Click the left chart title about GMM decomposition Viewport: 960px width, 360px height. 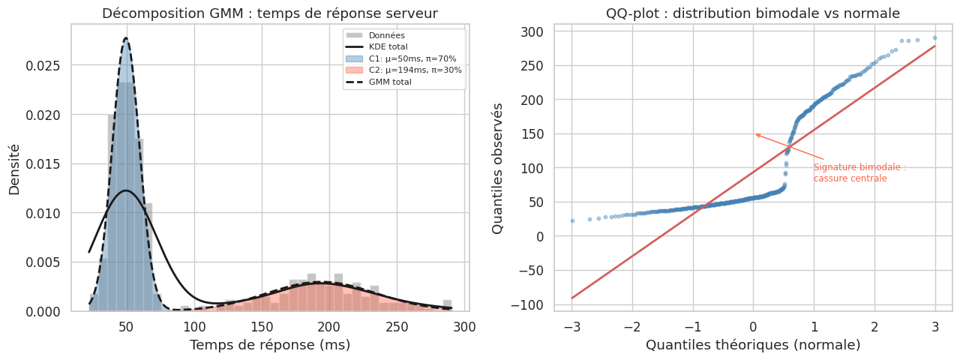tap(269, 13)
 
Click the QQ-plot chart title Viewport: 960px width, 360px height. tap(753, 13)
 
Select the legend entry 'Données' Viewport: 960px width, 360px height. tap(387, 35)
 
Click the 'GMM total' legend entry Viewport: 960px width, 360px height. tap(390, 82)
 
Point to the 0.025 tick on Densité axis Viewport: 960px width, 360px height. tap(47, 66)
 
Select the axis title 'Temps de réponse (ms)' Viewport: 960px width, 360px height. tap(269, 345)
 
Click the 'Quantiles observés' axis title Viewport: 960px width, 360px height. tap(498, 167)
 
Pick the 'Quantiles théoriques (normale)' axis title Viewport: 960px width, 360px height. tap(753, 345)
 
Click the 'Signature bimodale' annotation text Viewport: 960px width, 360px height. tap(859, 173)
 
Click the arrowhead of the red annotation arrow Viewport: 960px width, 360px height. tap(756, 134)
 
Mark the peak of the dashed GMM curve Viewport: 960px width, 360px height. tap(126, 38)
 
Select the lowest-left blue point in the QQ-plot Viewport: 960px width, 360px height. tap(572, 220)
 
